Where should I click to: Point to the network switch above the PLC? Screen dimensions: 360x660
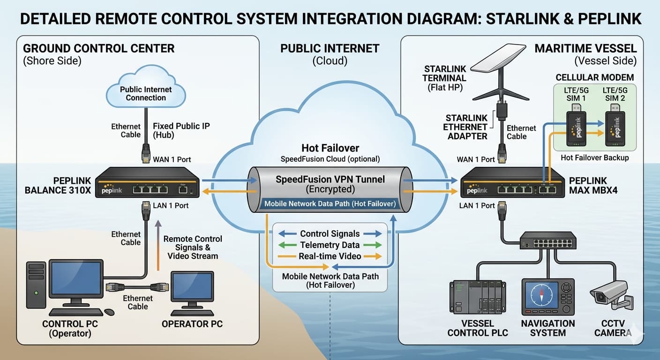[547, 240]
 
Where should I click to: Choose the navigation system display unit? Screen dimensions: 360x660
[547, 298]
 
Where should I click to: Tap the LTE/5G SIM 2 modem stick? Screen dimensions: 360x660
[615, 127]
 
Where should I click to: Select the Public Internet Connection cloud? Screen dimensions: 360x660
[146, 91]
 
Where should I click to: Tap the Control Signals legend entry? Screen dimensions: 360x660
[330, 233]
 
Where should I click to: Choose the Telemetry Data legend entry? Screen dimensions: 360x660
[330, 245]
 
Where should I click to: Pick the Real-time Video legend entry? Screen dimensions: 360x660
[330, 256]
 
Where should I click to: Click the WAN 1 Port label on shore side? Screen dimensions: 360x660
[172, 159]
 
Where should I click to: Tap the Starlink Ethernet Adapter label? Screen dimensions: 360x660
[466, 127]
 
